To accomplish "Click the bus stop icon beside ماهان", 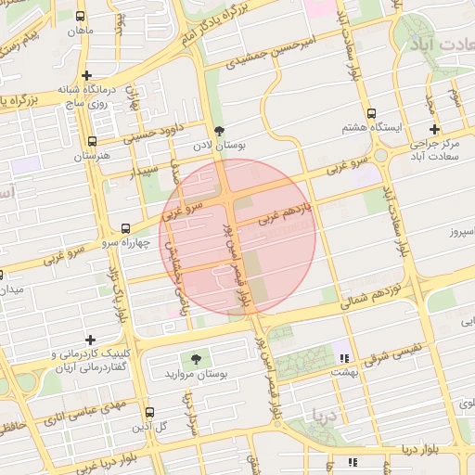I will point(81,18).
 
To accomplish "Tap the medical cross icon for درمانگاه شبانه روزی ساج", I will point(86,75).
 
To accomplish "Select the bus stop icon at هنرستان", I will point(91,142).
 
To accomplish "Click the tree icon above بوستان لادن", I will point(219,132).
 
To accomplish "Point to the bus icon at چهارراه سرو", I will point(125,228).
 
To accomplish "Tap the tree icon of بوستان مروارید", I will point(195,358).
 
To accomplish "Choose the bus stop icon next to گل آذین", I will point(149,412).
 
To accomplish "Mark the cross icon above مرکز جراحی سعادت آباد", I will point(433,129).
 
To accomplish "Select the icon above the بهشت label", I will point(345,357).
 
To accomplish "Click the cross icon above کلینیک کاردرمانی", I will point(89,340).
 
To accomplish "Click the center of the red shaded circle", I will point(238,236).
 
